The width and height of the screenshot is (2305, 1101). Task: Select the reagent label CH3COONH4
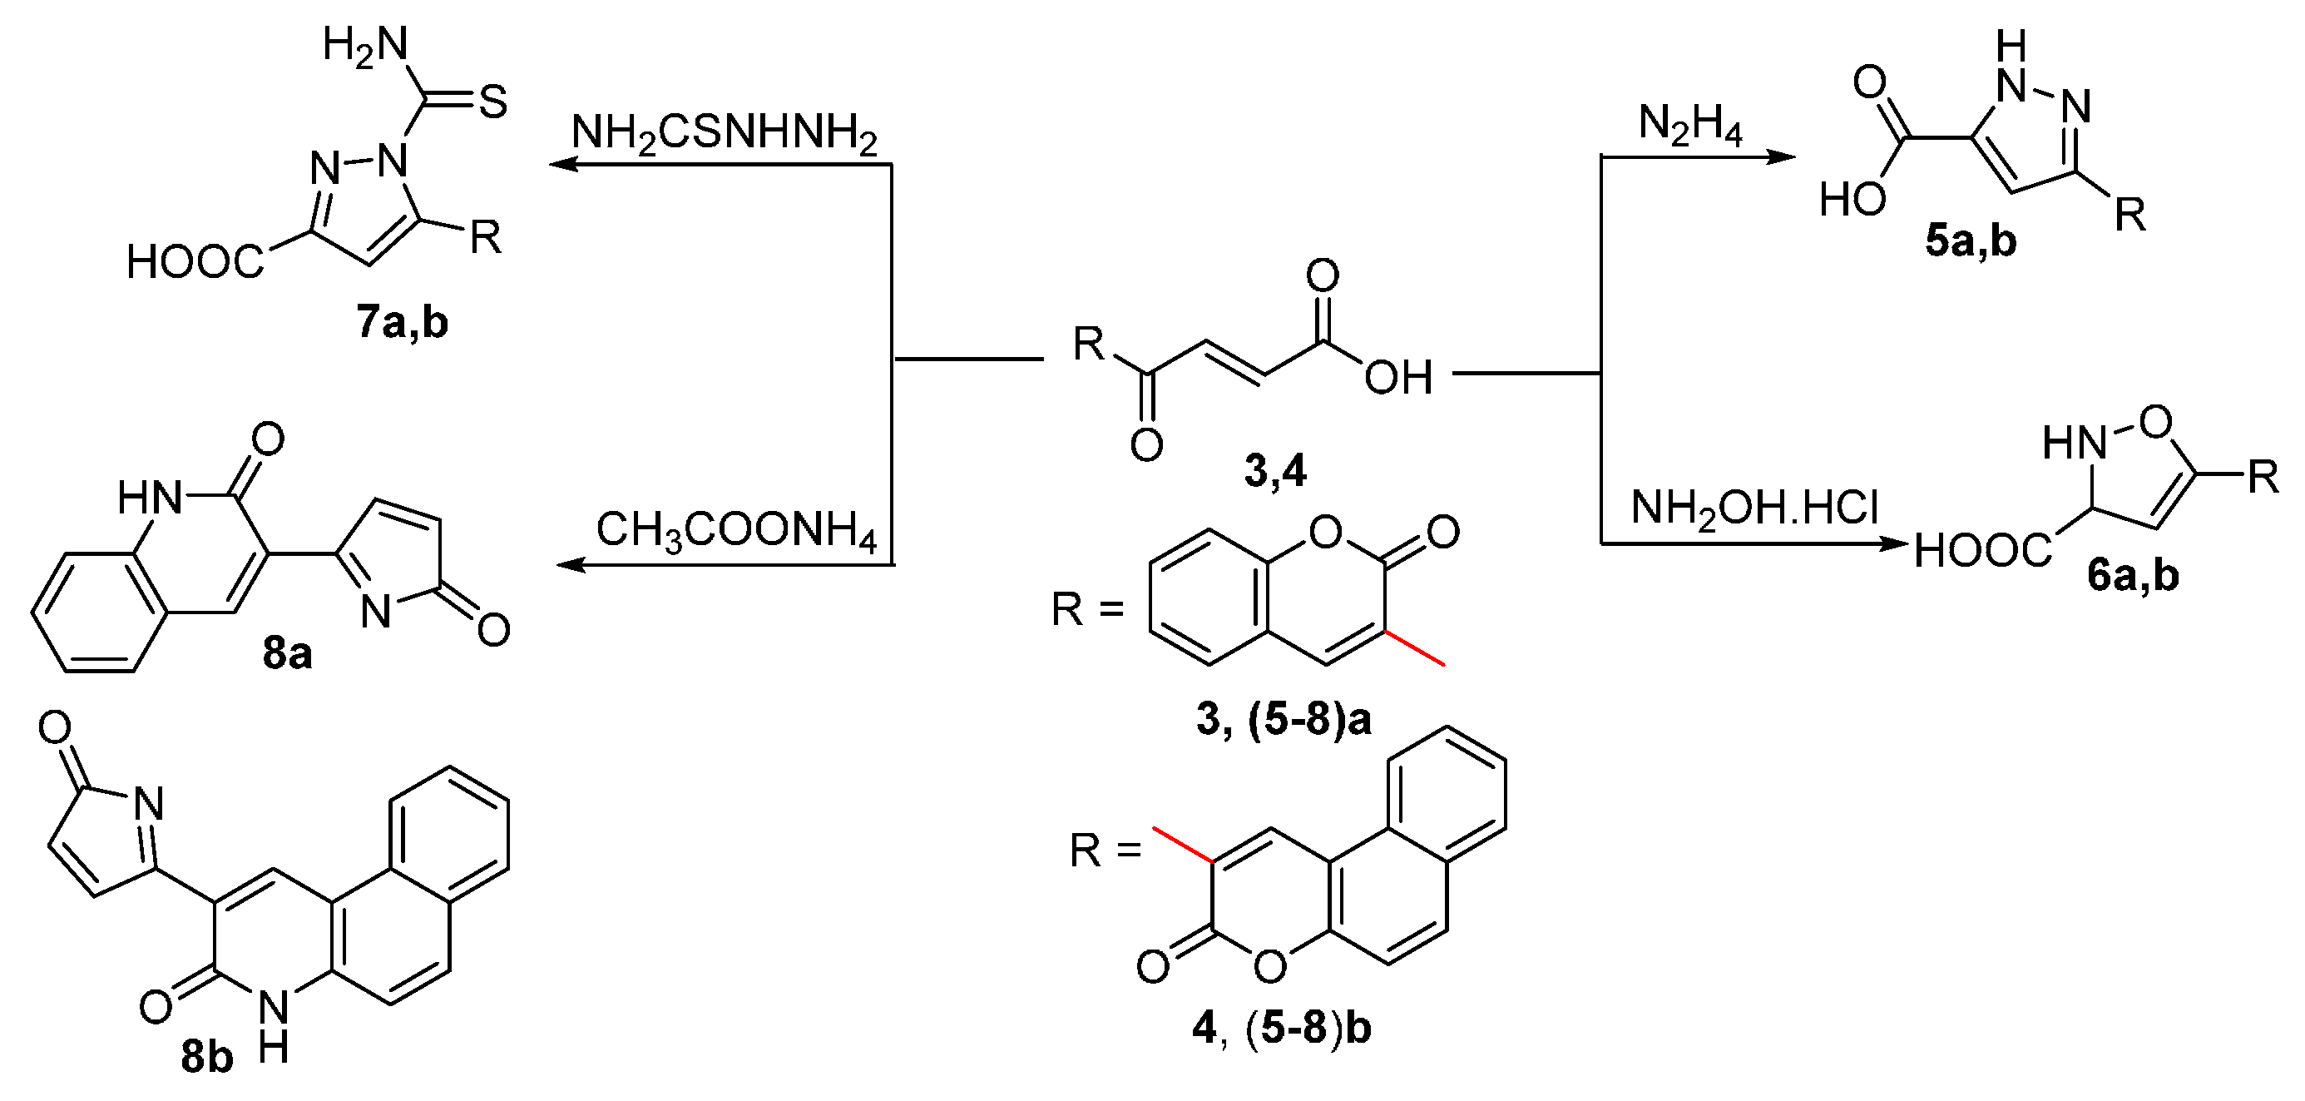click(x=735, y=531)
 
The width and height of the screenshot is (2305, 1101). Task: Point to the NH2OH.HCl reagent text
click(x=1753, y=508)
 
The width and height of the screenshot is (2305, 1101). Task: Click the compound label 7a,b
click(x=402, y=323)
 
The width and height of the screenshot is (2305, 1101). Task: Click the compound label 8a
click(x=287, y=654)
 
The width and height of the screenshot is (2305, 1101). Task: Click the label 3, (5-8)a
click(x=1284, y=720)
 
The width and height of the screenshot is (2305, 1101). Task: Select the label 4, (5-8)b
click(x=1281, y=1029)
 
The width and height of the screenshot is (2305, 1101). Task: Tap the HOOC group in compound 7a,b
click(x=195, y=262)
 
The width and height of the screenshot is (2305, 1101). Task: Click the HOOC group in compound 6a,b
click(x=1983, y=553)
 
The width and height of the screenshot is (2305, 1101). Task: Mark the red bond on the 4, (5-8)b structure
click(x=1182, y=844)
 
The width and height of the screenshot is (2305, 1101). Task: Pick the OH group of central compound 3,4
click(x=1397, y=378)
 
